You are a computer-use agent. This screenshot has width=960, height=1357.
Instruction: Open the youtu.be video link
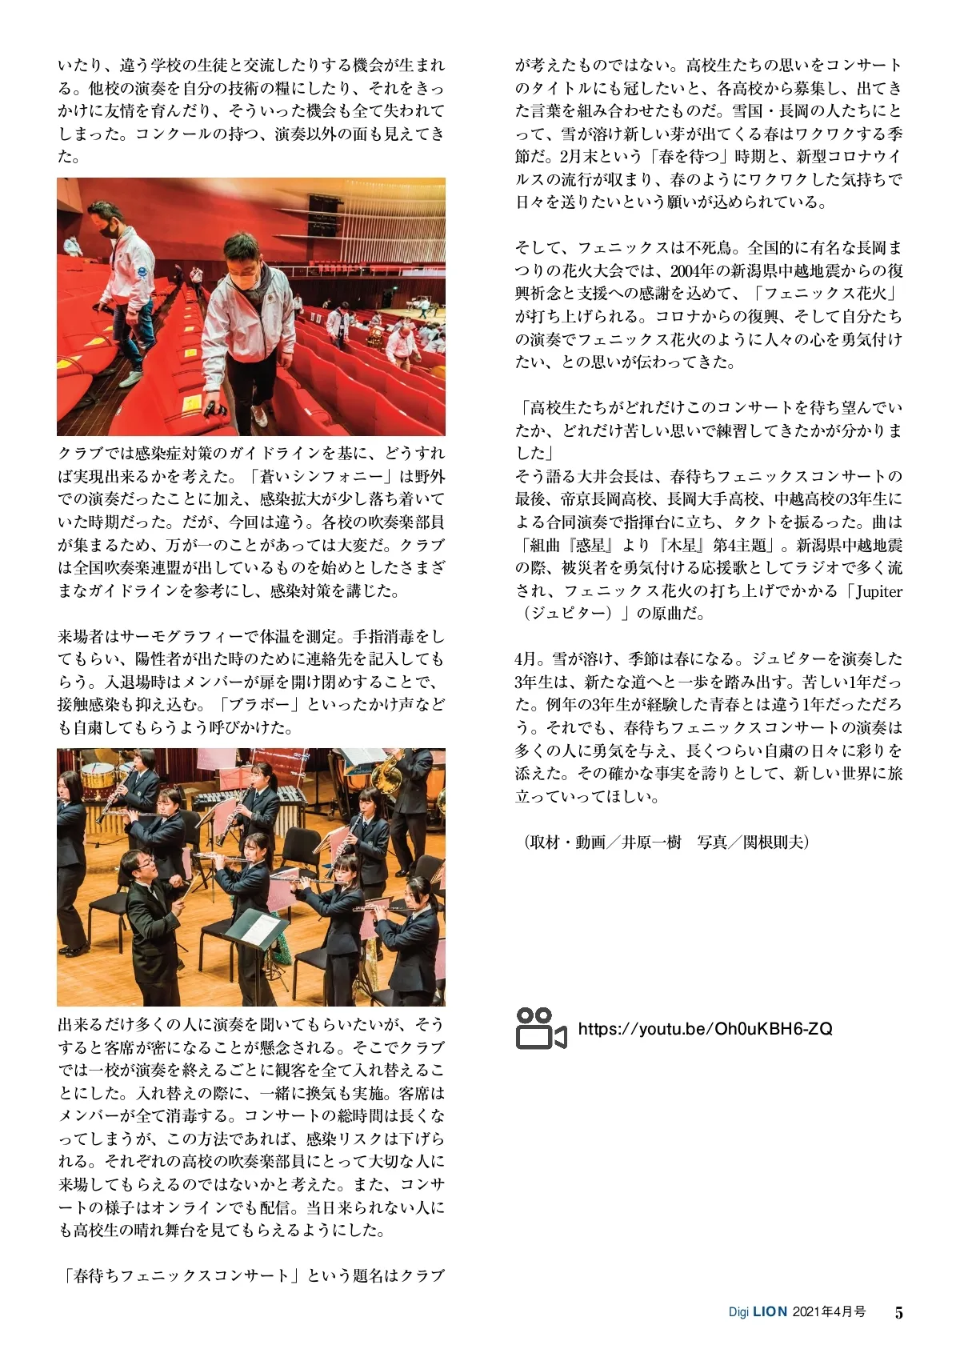[x=705, y=1029]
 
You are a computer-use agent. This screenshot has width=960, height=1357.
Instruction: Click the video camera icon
[x=541, y=1028]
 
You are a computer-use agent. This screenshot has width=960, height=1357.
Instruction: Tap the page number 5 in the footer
[x=898, y=1313]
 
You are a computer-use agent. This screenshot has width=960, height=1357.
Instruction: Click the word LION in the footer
[x=770, y=1312]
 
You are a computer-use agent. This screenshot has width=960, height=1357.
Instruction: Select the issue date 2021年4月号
[x=829, y=1312]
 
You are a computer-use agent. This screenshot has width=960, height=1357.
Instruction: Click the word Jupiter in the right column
[x=878, y=592]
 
